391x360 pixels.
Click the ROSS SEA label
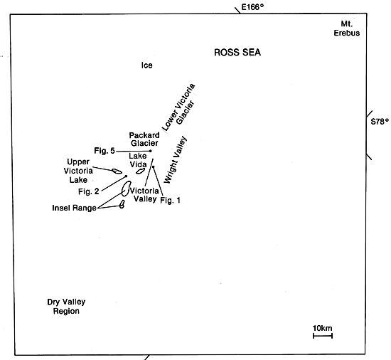tap(237, 53)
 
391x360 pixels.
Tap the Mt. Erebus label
tap(347, 28)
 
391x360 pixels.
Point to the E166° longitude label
tap(252, 7)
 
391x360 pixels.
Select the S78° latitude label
tap(380, 122)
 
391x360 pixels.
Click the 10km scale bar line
tap(323, 336)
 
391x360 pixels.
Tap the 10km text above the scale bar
tap(323, 328)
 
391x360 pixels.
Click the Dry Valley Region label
tap(66, 307)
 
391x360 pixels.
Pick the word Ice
tap(147, 65)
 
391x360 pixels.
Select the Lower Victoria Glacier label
tap(179, 107)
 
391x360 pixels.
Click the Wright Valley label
tap(176, 160)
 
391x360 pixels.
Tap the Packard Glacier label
tap(144, 139)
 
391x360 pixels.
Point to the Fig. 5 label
tap(105, 151)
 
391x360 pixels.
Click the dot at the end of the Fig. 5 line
tap(151, 151)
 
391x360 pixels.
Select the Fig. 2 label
tap(89, 191)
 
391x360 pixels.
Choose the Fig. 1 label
tap(171, 200)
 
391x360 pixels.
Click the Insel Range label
tap(75, 208)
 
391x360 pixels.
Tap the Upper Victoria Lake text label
tap(78, 171)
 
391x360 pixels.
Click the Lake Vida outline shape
tap(137, 172)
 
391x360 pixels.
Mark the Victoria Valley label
tap(144, 195)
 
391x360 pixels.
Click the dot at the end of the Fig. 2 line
tap(126, 176)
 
